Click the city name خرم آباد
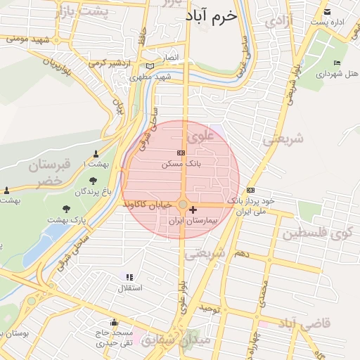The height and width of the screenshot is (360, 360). click(212, 15)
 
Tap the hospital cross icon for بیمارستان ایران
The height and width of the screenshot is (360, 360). click(193, 210)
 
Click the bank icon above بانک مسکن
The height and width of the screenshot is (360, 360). click(181, 153)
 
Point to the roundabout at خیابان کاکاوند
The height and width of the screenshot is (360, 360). click(183, 205)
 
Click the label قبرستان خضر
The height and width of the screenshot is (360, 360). click(49, 173)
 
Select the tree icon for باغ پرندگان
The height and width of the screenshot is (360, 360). click(94, 181)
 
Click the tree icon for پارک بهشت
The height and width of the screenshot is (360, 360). click(67, 209)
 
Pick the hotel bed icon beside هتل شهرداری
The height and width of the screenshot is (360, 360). click(337, 63)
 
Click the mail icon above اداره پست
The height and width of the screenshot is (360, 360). click(327, 11)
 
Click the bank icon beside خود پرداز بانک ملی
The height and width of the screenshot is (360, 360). click(251, 190)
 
